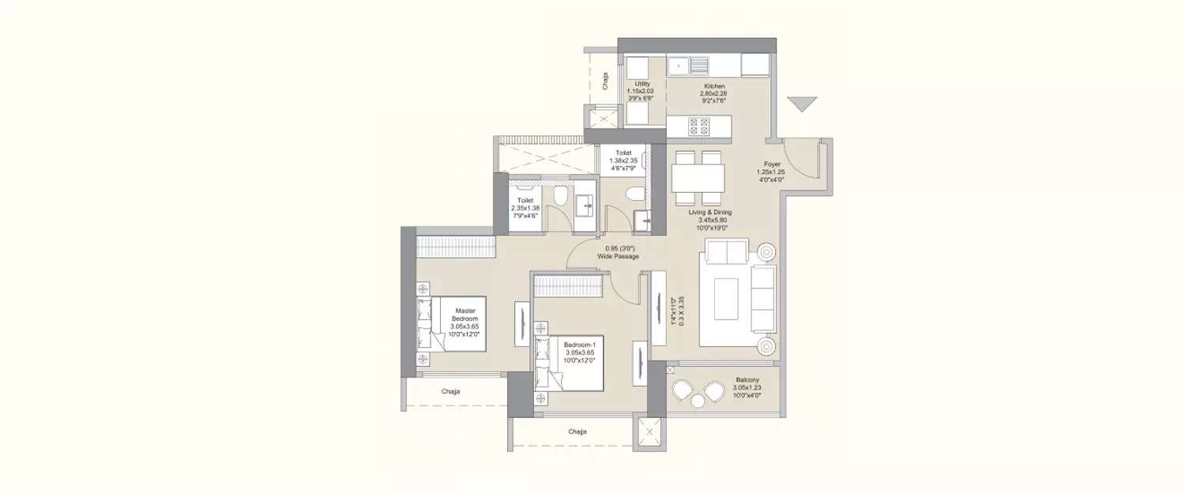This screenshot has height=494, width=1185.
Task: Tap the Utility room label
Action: (642, 91)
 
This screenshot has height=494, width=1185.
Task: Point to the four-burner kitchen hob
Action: (699, 126)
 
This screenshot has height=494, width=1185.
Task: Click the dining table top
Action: (698, 178)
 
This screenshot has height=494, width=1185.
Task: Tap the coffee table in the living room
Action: (728, 299)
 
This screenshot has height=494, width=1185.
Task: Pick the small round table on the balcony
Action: (698, 401)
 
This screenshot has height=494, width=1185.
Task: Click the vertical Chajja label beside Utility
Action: (605, 81)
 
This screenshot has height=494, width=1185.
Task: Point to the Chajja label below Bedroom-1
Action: (577, 432)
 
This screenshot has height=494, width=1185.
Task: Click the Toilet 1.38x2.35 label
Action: (623, 160)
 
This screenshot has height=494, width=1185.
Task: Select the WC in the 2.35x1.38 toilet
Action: (559, 196)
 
